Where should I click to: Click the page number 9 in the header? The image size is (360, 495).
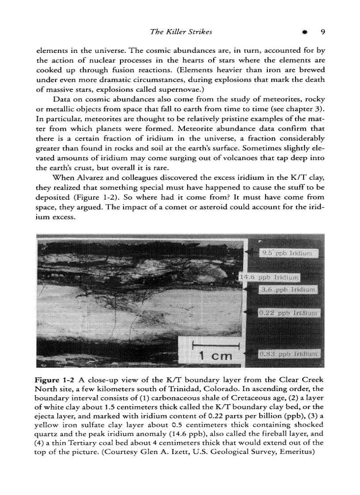tap(323, 32)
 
